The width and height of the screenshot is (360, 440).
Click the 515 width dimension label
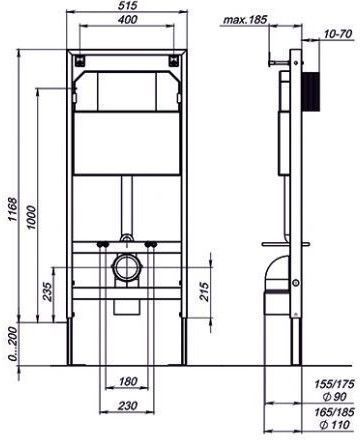click(x=127, y=5)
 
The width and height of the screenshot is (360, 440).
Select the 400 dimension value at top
click(x=127, y=19)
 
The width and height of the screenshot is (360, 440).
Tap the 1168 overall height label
click(x=12, y=209)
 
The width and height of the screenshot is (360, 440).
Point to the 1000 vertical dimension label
click(x=31, y=217)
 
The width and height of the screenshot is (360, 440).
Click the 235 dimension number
click(x=48, y=292)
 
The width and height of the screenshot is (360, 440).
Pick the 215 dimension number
click(x=204, y=292)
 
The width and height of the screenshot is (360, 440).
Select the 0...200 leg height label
click(x=12, y=344)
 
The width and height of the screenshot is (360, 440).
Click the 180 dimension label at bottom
click(x=128, y=381)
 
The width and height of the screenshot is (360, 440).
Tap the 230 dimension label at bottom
click(x=128, y=405)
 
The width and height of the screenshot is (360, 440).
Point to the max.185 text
click(x=245, y=20)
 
